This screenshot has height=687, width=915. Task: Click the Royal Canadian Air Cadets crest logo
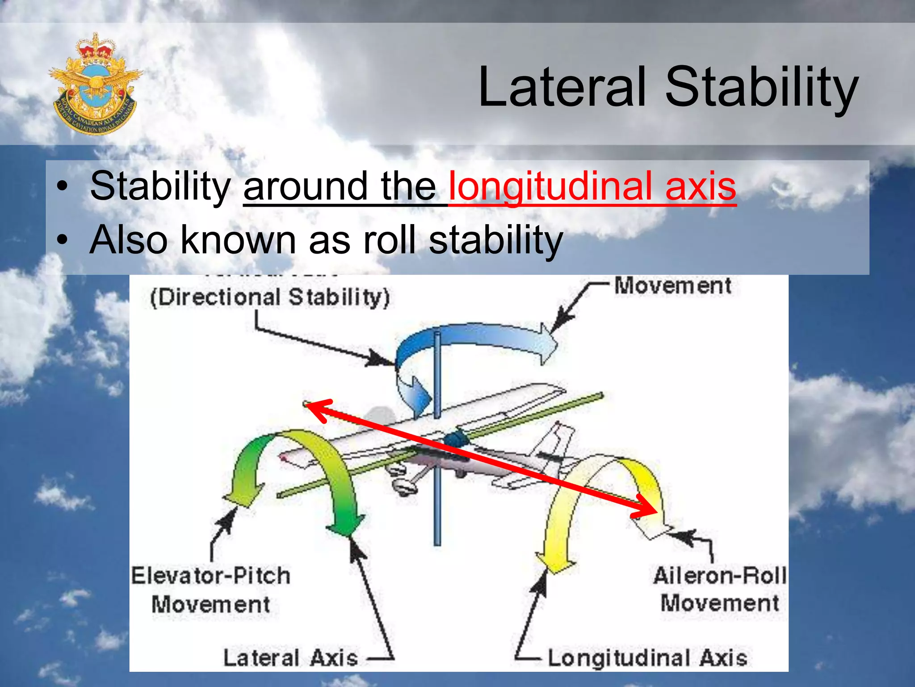click(95, 84)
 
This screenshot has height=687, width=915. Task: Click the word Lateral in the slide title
click(562, 87)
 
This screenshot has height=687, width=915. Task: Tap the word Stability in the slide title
click(761, 87)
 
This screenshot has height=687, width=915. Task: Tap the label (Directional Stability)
click(270, 297)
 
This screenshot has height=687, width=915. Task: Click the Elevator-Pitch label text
click(210, 576)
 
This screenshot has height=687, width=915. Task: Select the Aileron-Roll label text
click(719, 576)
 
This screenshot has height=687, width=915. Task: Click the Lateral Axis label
click(290, 658)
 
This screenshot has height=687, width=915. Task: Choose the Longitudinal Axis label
click(647, 658)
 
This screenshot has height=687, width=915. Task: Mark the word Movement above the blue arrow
click(672, 286)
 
